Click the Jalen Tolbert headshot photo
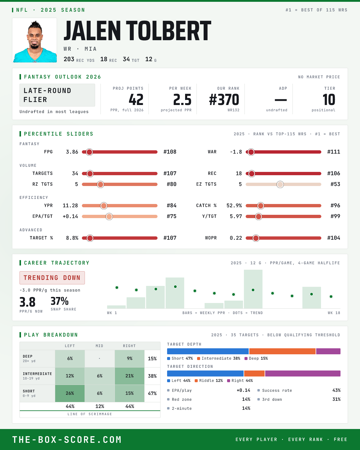(x=34, y=40)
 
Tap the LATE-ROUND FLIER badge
(x=57, y=95)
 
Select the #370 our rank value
(x=224, y=100)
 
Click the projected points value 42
(x=136, y=100)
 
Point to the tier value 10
(x=329, y=100)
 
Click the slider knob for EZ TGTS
(x=280, y=184)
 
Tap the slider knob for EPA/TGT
(x=109, y=216)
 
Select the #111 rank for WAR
(x=334, y=152)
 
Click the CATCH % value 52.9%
(x=234, y=205)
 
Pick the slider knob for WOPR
(x=256, y=238)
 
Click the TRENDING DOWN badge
(x=52, y=278)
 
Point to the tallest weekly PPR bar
(x=253, y=289)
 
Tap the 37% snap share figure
(x=60, y=301)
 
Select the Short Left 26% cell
(x=70, y=393)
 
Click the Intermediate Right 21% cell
(x=130, y=376)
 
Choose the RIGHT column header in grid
(x=129, y=346)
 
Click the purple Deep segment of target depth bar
(x=328, y=351)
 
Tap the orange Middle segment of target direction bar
(x=254, y=373)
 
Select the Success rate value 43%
(x=336, y=390)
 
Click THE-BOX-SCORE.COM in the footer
(x=67, y=439)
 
